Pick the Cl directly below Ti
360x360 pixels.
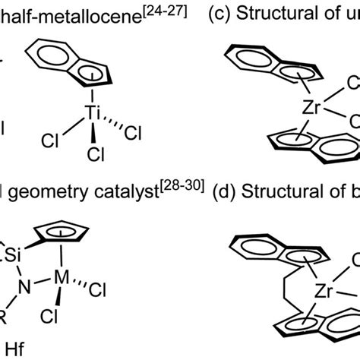click(96, 154)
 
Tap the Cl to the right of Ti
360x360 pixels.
click(131, 133)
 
